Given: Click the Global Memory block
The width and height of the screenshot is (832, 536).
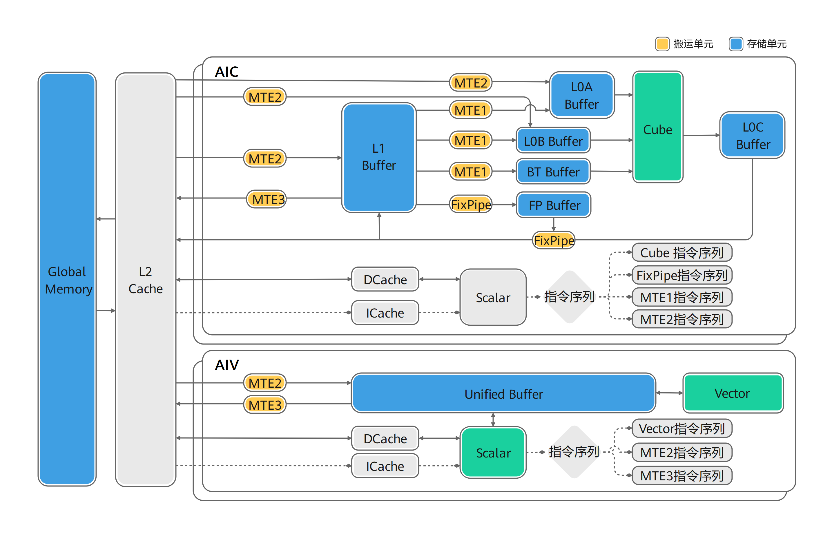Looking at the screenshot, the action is [x=67, y=279].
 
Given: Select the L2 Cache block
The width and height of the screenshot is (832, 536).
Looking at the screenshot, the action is [x=146, y=280].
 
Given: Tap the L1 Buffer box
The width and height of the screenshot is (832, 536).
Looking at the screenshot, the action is [x=379, y=157].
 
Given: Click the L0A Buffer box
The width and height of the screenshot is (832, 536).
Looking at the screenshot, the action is [x=582, y=95].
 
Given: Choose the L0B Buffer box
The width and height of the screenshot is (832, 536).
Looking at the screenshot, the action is [x=553, y=140].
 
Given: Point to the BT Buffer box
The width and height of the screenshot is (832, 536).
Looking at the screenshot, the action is [x=553, y=171].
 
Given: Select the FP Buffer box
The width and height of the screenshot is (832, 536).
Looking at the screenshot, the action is [x=554, y=205].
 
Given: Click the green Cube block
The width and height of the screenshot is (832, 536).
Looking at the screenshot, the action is [x=657, y=127].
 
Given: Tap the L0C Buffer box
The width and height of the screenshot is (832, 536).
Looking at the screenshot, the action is [x=752, y=135].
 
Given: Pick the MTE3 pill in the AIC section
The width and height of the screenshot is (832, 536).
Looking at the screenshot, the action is [x=267, y=199].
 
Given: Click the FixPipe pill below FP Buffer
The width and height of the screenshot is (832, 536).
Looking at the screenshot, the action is [x=554, y=240].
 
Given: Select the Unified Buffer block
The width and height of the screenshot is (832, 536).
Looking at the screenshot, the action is [x=504, y=393].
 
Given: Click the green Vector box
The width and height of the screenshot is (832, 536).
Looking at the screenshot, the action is [x=733, y=393].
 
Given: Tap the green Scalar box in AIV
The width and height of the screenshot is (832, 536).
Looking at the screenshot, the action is [x=493, y=453].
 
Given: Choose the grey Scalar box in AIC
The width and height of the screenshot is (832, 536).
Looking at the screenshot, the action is [x=493, y=297].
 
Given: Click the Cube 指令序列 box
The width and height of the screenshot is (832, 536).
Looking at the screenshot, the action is [x=682, y=252].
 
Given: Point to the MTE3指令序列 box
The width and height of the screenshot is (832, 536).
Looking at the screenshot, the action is [x=682, y=475].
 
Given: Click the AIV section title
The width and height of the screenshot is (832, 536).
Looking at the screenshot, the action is [x=227, y=365].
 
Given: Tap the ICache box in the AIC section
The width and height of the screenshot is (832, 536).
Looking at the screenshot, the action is [x=385, y=313].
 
